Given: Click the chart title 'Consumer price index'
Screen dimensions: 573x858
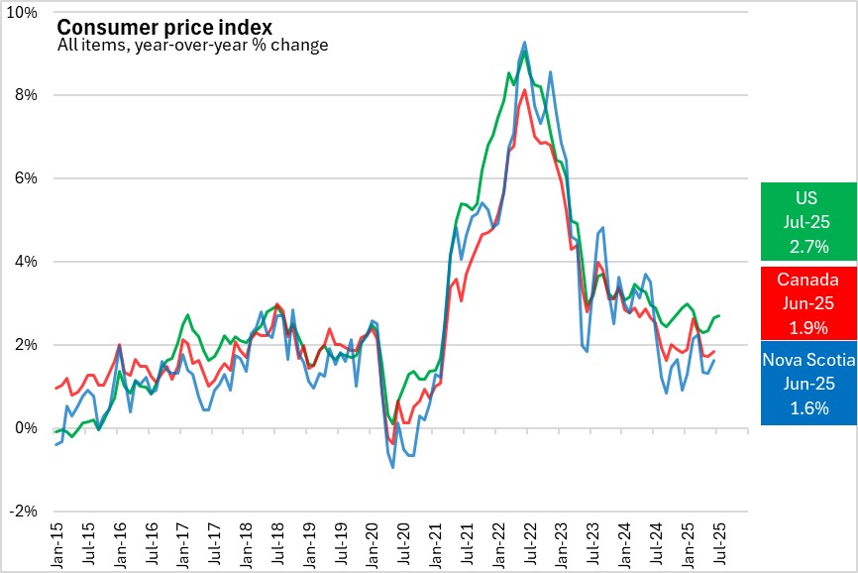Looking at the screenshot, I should tap(164, 27).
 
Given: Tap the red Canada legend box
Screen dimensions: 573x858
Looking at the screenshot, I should tap(808, 302).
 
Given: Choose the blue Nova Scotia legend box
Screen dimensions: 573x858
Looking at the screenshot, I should tap(808, 384).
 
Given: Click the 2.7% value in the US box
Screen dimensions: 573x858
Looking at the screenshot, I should tap(808, 245).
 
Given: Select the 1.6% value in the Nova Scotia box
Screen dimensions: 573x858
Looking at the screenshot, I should tap(808, 407).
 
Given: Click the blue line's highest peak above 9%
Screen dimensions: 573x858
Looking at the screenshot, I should tap(524, 43).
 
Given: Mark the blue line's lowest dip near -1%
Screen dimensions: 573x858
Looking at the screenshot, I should tap(393, 467).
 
